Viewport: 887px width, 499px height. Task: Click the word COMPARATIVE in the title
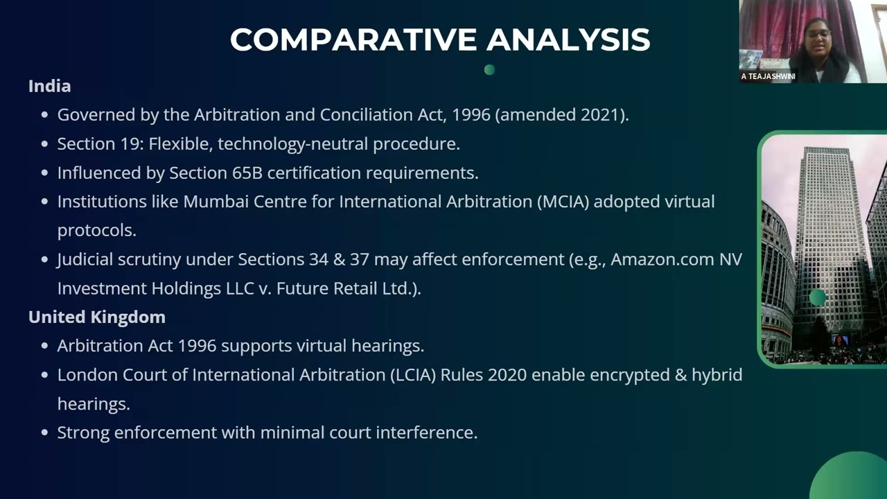pos(353,40)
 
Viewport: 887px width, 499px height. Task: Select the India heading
pos(49,86)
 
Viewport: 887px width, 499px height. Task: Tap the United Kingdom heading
pos(96,317)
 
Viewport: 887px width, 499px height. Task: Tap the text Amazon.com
pos(661,259)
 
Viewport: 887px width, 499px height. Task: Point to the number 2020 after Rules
pos(507,375)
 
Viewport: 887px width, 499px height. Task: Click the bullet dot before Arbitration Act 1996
pos(44,346)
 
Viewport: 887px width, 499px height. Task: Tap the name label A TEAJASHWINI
pos(768,76)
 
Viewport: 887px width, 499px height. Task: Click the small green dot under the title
pos(489,69)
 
